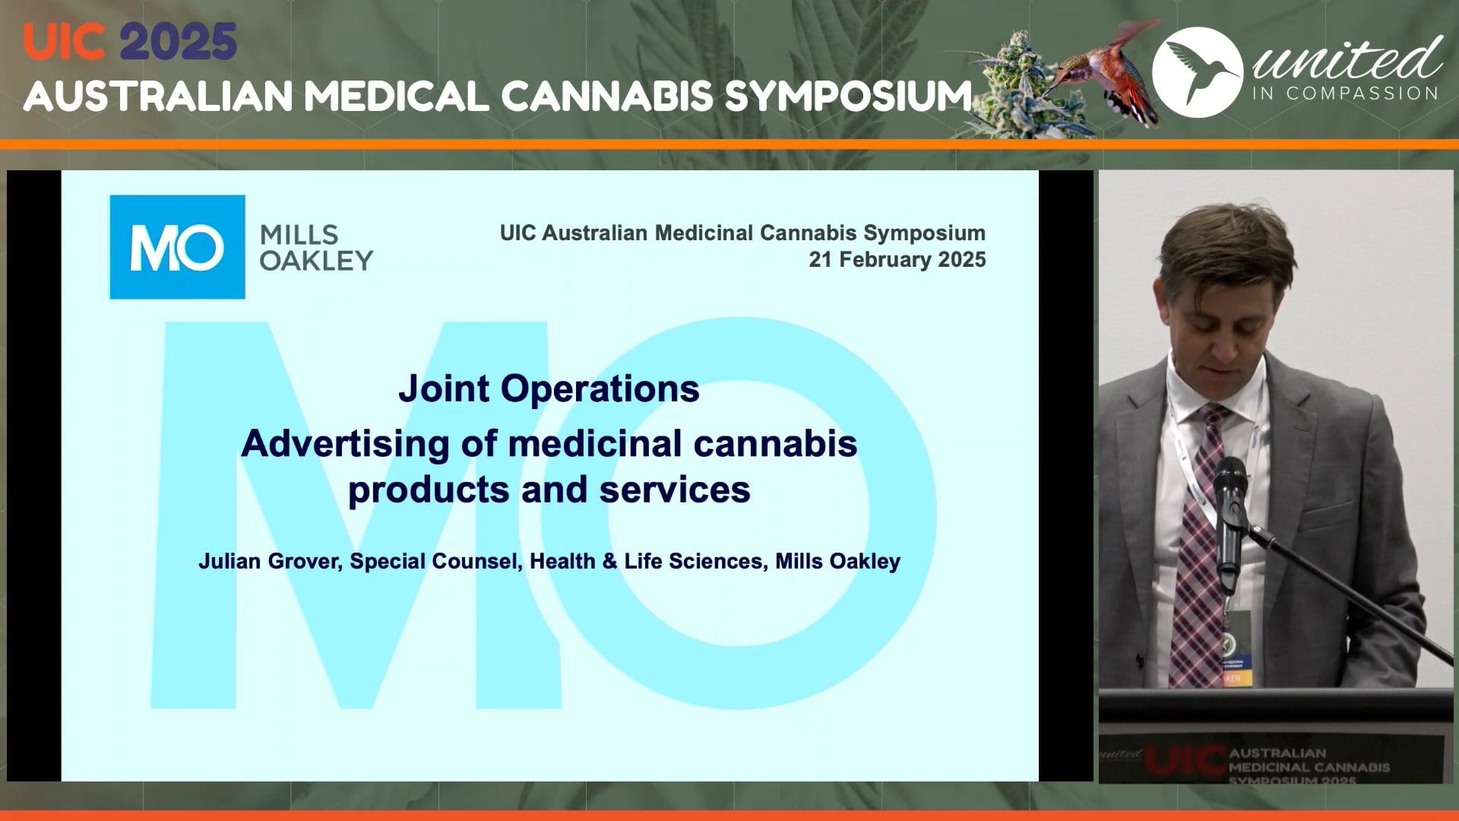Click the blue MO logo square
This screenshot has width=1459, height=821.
tap(177, 247)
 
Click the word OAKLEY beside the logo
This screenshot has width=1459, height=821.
tap(316, 262)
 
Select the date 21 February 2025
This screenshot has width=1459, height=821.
tap(897, 260)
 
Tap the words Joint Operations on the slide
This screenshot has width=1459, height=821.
tap(549, 388)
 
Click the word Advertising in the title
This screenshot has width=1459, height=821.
tap(346, 444)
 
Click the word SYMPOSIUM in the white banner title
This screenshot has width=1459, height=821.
tap(848, 97)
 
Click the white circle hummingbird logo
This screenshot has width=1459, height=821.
tap(1198, 72)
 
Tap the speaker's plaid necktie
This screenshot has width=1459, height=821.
tap(1199, 547)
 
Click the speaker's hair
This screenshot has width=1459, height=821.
tap(1223, 243)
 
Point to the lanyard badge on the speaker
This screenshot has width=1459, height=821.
tap(1236, 646)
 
